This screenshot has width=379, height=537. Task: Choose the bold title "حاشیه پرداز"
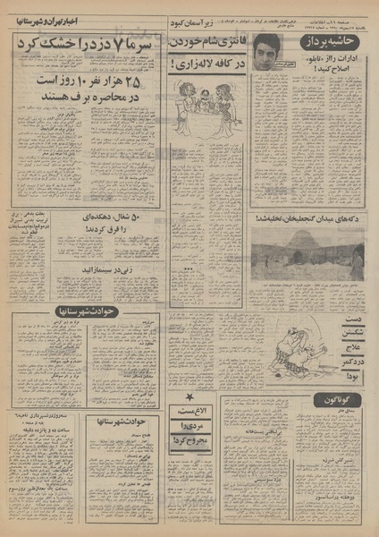point(337,42)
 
